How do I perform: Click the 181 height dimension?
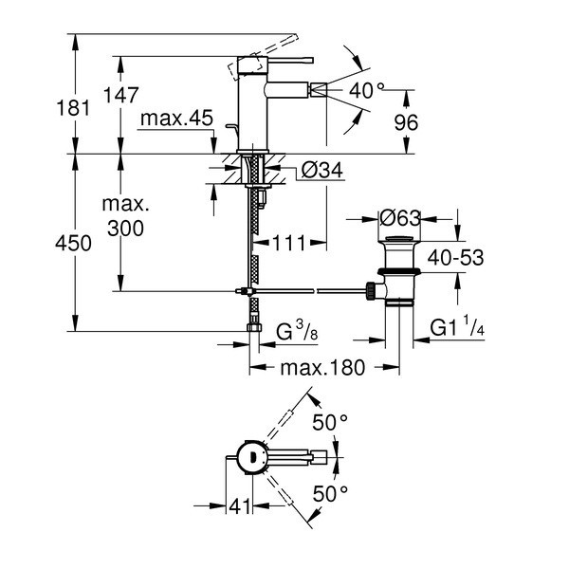point(73,108)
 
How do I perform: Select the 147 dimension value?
point(120,95)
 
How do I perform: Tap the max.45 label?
point(176,118)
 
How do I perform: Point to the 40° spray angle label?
point(366,90)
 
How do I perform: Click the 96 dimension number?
point(406,122)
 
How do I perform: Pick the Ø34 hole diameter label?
point(321,170)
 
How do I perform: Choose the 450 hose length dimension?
point(73,243)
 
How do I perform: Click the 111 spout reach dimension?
point(289,243)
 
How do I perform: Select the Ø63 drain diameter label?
point(400,218)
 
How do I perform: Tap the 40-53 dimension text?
point(455,258)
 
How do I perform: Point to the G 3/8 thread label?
point(297,331)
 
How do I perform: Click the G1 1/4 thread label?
point(457,326)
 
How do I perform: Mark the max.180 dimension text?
point(322,368)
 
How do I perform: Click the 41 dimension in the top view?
point(240,505)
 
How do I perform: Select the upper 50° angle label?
point(330,422)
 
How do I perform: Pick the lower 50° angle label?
point(330,493)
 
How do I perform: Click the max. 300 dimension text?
point(125,216)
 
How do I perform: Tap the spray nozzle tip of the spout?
point(319,90)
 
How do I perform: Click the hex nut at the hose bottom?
point(253,327)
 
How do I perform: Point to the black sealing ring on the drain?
point(398,271)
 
